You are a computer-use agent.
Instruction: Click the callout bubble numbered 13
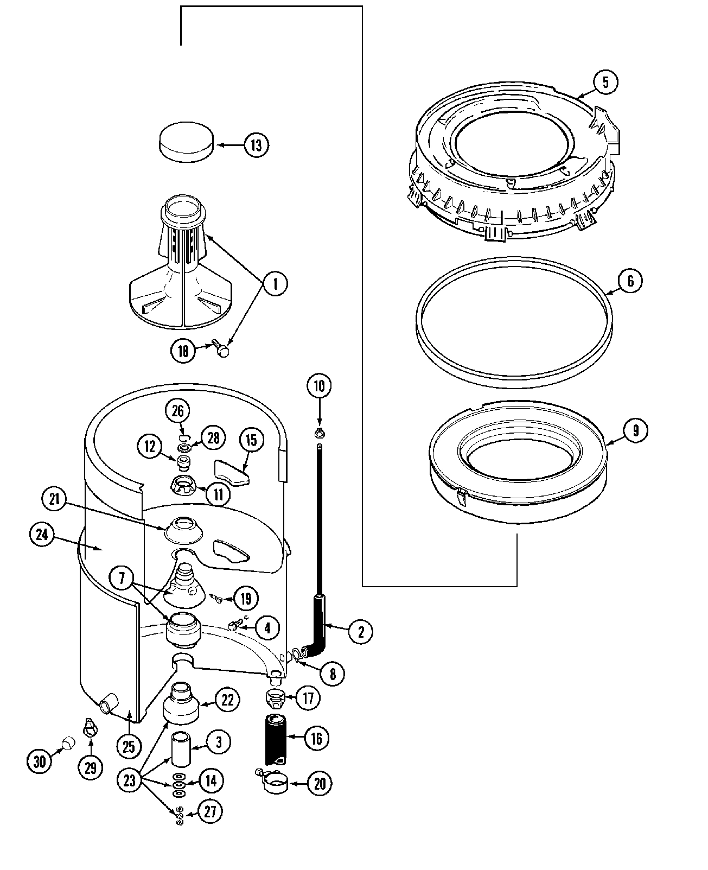coord(256,145)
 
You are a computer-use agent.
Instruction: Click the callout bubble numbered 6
coord(630,281)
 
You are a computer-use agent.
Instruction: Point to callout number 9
coord(635,430)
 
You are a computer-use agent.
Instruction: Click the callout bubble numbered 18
coord(183,351)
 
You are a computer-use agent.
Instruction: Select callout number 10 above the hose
coord(319,386)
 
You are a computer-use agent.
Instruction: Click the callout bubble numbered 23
coord(129,780)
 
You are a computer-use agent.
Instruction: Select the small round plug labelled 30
coord(68,742)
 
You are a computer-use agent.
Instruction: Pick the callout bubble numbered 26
coord(178,411)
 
